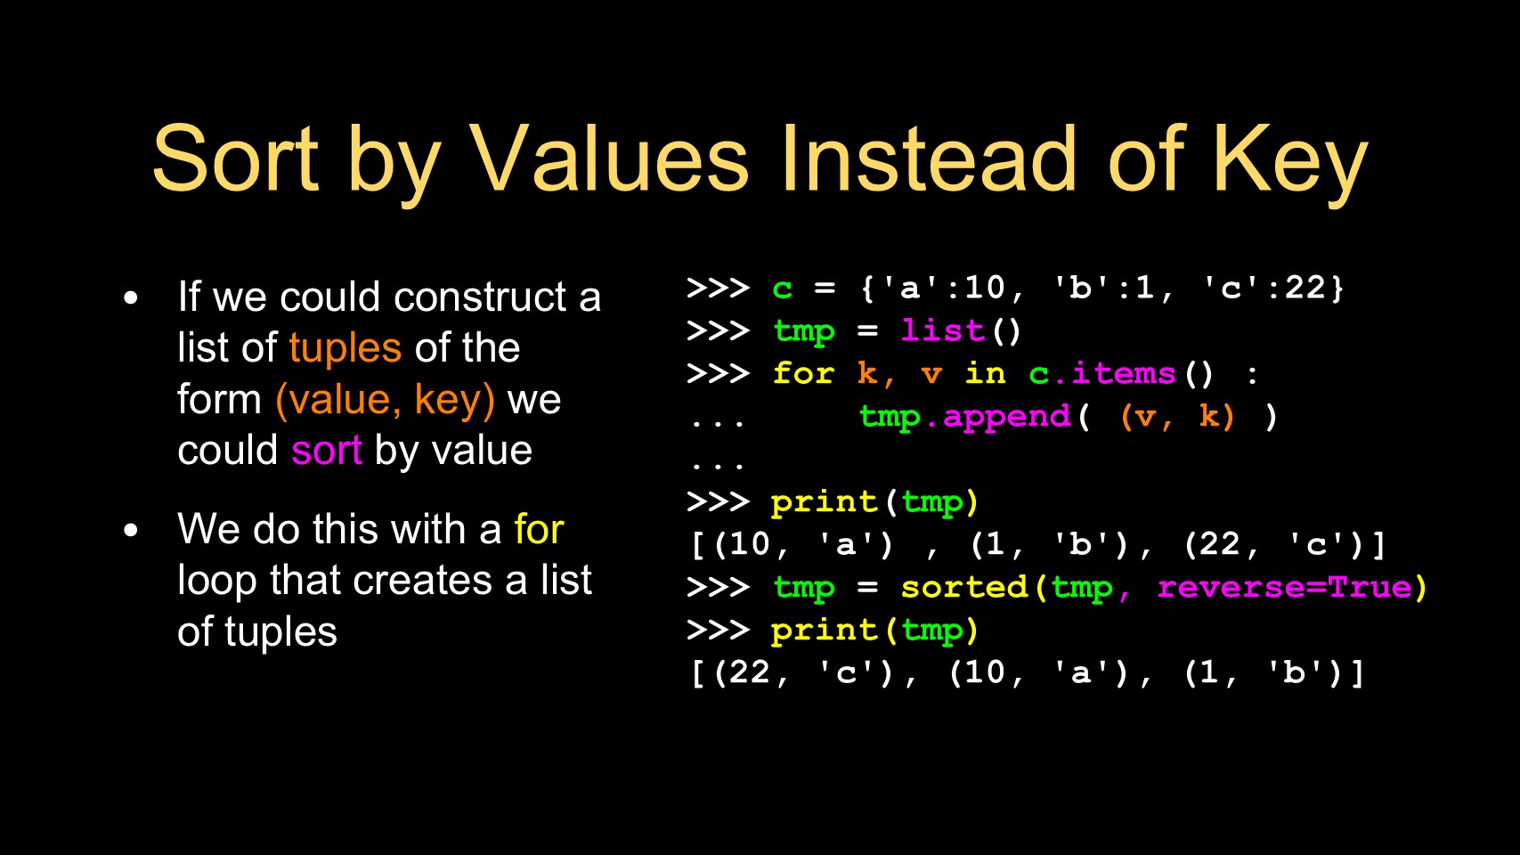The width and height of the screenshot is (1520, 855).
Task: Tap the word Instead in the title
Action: pos(929,159)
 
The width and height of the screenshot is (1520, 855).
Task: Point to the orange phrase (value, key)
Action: pos(385,401)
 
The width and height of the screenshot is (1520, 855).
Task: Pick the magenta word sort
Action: pos(327,451)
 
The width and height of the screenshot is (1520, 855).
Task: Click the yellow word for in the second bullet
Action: pos(539,529)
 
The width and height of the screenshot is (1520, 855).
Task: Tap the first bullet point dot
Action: pos(131,297)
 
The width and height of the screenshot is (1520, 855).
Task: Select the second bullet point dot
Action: pos(131,531)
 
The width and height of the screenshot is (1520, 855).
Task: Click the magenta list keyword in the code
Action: pos(942,330)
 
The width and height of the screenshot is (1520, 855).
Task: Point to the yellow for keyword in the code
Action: pos(803,373)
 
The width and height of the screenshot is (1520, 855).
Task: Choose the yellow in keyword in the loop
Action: pos(986,373)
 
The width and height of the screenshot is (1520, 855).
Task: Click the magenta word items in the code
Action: pos(1124,373)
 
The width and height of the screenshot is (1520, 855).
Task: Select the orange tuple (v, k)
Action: pos(1177,417)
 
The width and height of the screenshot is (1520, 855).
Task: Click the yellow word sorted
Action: pos(964,587)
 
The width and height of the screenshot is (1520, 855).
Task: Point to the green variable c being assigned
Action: pos(783,289)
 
